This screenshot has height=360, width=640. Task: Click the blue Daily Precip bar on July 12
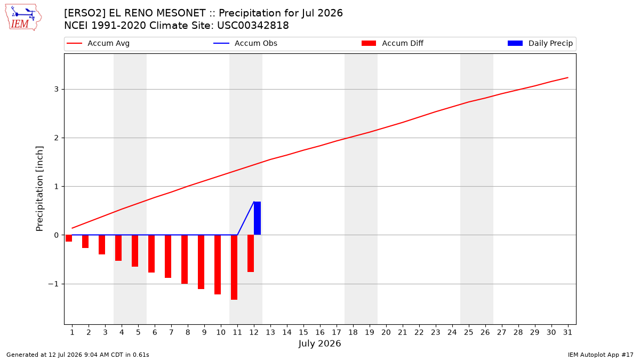tap(257, 218)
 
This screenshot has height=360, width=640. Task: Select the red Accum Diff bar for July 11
tap(234, 267)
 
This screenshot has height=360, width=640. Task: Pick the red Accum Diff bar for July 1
tap(69, 238)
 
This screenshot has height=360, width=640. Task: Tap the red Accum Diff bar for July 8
tap(185, 259)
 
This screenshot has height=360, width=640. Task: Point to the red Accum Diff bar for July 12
tap(251, 253)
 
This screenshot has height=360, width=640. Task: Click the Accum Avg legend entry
tap(98, 43)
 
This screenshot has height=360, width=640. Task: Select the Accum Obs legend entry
tap(245, 43)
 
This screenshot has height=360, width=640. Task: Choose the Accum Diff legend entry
tap(393, 43)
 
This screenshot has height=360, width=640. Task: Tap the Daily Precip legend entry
tap(540, 43)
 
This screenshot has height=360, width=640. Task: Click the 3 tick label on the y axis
tap(57, 89)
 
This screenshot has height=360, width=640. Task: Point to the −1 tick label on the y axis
tap(53, 284)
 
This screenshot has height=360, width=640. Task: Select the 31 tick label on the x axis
tap(567, 332)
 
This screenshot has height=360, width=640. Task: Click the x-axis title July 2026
tap(319, 343)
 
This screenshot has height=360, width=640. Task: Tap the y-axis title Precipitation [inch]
tap(39, 189)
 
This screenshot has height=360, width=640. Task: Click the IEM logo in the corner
tap(23, 18)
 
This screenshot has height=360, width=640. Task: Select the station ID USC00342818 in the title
tap(253, 26)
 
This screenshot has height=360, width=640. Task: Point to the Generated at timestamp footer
tap(78, 355)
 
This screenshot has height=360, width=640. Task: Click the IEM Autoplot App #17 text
tap(601, 355)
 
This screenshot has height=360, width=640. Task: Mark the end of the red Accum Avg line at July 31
tap(567, 77)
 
